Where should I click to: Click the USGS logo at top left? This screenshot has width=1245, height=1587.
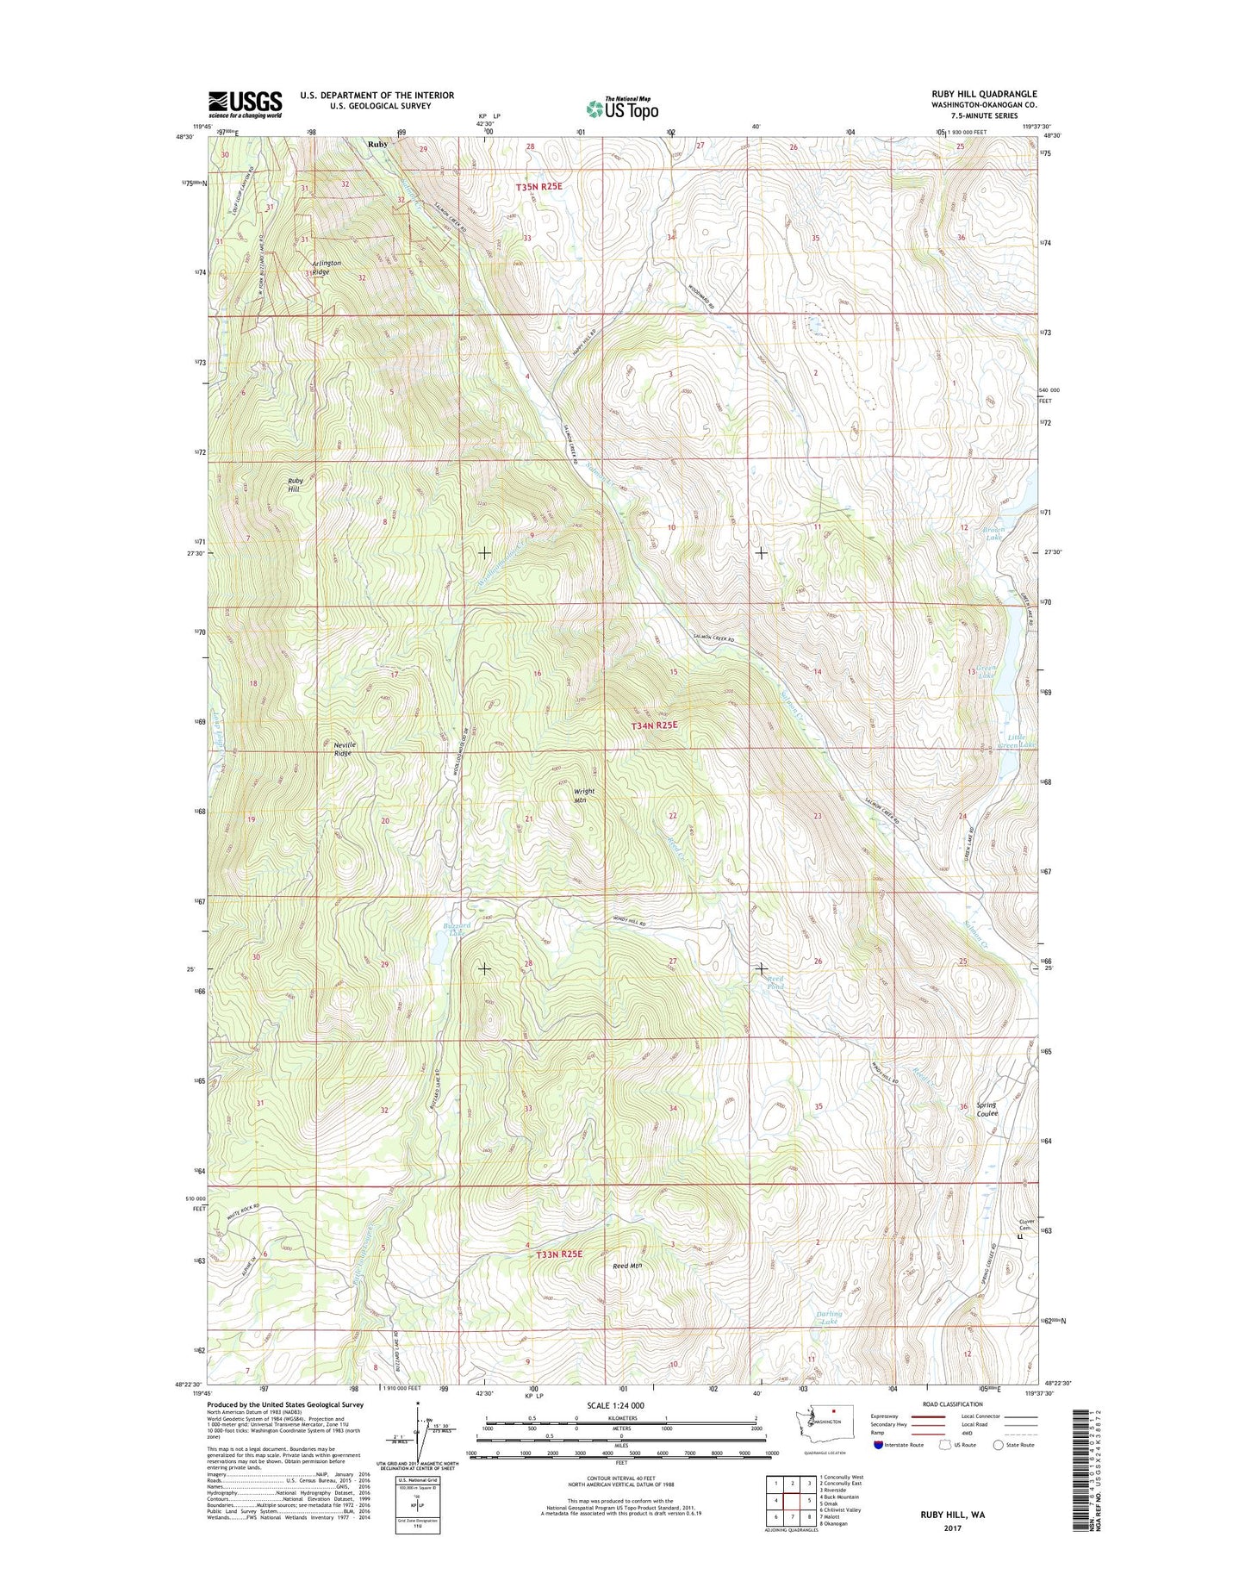245,104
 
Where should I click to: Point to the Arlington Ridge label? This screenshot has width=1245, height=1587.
326,267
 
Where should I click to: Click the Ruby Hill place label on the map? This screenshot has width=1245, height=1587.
295,485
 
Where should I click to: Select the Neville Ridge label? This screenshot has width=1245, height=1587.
344,749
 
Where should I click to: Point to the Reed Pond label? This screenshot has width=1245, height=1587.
775,982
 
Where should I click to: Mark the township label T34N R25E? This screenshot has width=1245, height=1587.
655,725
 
